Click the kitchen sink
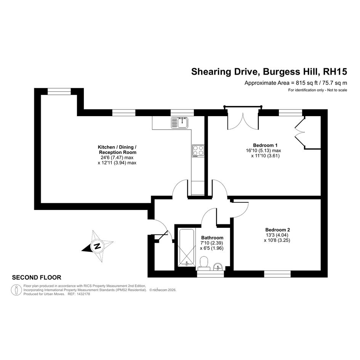179,122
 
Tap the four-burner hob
198,151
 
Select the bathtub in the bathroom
187,247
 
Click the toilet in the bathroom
204,264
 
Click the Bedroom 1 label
265,145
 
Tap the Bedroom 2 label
278,230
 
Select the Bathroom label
212,238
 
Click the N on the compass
98,246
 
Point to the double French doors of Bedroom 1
243,122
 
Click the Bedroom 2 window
277,274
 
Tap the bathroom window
211,274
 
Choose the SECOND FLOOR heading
37,278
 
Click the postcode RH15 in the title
335,72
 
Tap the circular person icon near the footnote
16,290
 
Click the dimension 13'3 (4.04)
277,235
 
